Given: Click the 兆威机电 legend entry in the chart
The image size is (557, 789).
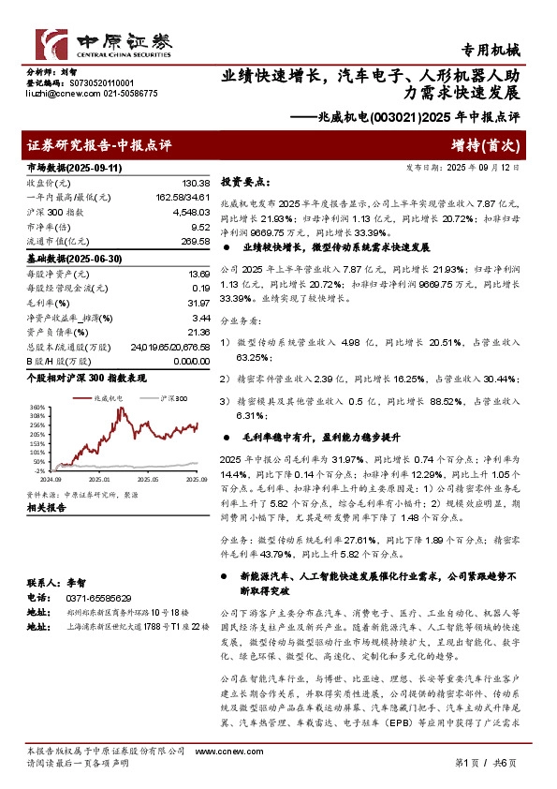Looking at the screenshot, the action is click(x=105, y=398).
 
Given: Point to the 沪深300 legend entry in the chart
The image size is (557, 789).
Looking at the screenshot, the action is click(x=169, y=398).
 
